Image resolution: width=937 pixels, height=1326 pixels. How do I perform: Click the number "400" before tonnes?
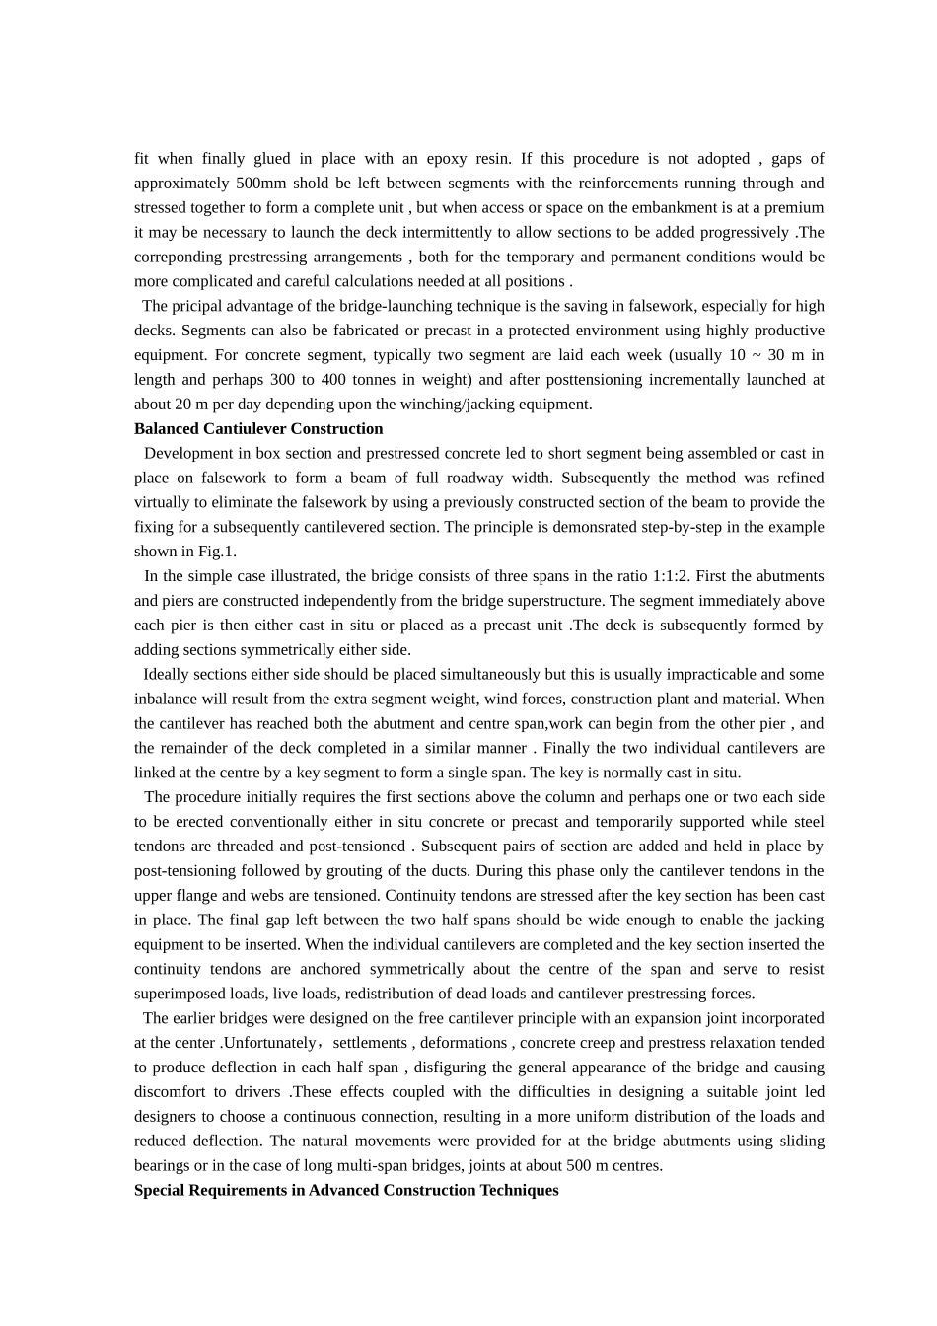click(x=338, y=380)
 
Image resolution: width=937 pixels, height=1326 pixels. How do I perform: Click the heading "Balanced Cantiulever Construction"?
click(x=258, y=429)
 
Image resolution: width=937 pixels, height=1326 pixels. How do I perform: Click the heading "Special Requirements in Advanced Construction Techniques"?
click(x=346, y=1190)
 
